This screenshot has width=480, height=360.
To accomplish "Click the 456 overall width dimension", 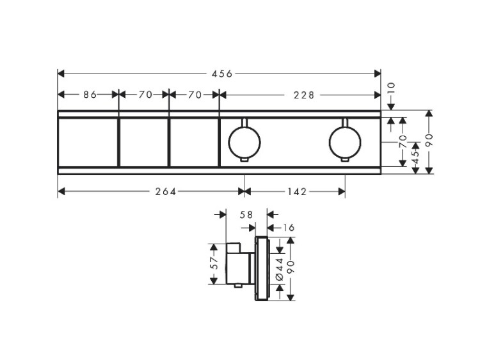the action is (x=223, y=74).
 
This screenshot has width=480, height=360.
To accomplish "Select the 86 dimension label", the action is (x=90, y=95).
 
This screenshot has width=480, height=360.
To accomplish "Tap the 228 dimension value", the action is (x=303, y=95).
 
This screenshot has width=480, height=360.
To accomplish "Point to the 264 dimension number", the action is (x=165, y=192).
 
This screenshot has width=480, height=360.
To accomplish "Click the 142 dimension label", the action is (x=296, y=192).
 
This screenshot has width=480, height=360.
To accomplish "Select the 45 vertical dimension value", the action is (x=415, y=158).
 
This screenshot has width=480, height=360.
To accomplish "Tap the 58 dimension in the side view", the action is (x=246, y=215).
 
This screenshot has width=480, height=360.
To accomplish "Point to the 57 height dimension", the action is (x=214, y=263).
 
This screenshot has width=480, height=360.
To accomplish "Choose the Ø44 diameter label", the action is (x=279, y=269).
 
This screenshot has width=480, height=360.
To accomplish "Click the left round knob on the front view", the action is (x=244, y=143).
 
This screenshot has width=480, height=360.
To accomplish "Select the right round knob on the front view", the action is (x=345, y=143).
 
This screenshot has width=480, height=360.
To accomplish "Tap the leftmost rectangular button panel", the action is (x=88, y=143).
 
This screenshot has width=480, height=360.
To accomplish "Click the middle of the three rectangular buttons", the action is (x=143, y=143).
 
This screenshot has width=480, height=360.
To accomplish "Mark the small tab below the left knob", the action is (x=244, y=160).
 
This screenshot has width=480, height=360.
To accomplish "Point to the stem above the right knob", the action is (x=345, y=122).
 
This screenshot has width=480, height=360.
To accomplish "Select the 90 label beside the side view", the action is (x=290, y=267).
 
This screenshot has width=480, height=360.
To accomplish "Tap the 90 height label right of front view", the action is (x=429, y=140).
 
